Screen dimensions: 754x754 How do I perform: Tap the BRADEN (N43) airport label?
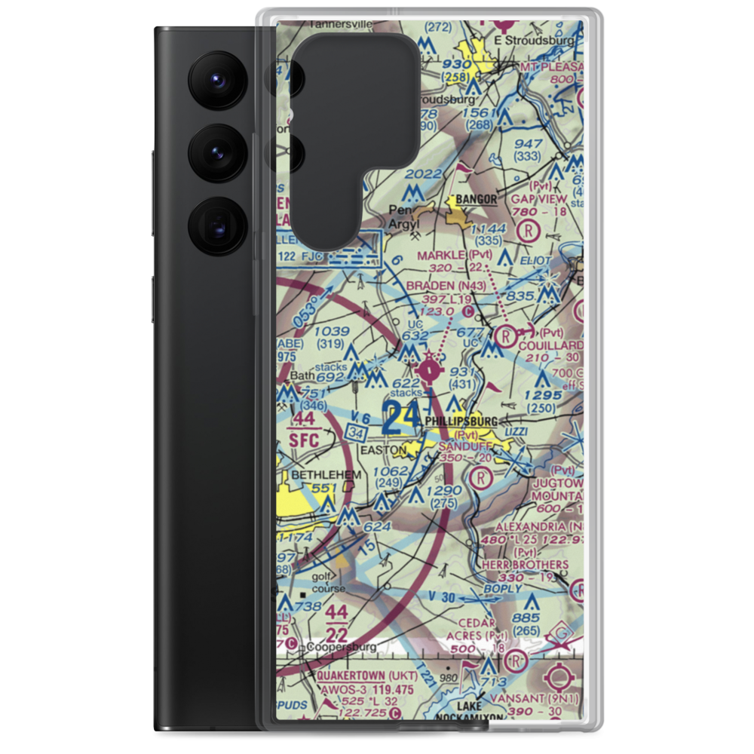pos(440,286)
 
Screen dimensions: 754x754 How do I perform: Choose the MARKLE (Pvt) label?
pos(455,255)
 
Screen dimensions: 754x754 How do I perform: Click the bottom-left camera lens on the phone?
pos(216,225)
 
